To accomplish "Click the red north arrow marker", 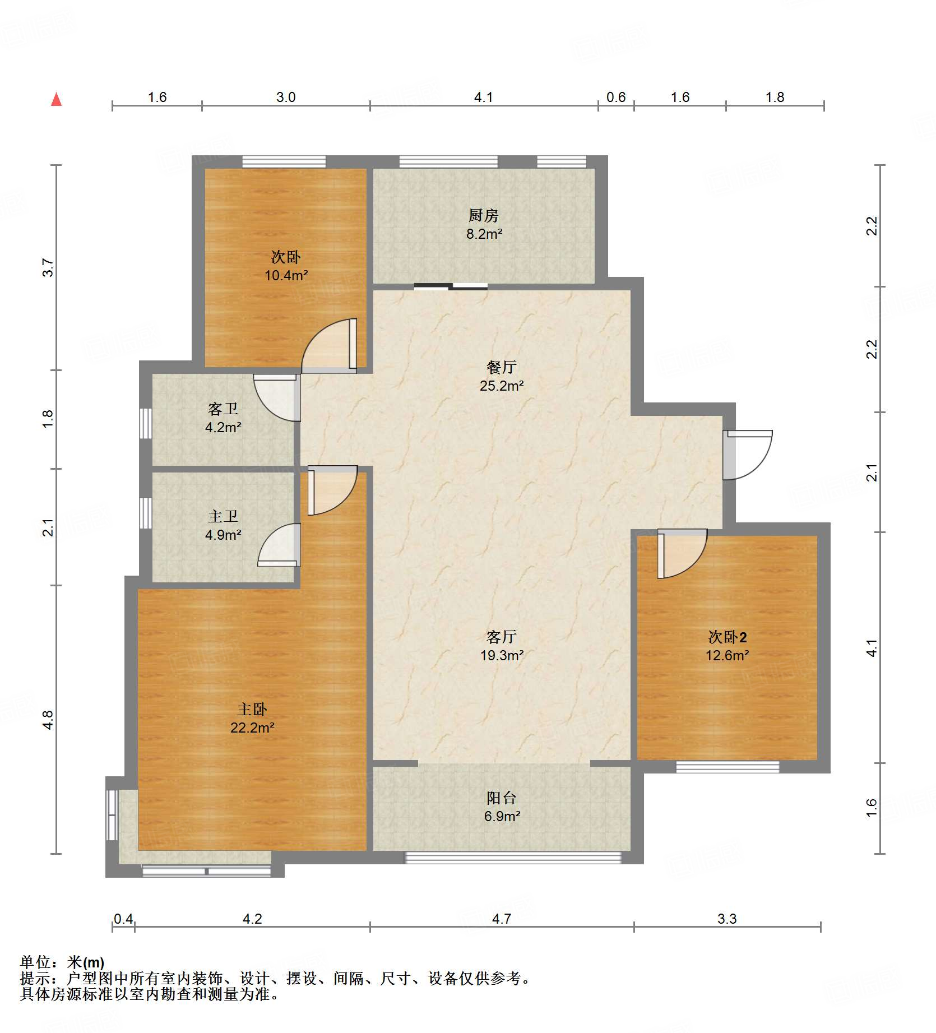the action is pyautogui.click(x=56, y=99).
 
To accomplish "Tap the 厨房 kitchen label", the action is pyautogui.click(x=483, y=215).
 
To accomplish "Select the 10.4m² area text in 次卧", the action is pyautogui.click(x=286, y=275).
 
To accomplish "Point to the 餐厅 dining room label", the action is pyautogui.click(x=501, y=367).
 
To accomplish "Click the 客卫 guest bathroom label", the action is pyautogui.click(x=223, y=409).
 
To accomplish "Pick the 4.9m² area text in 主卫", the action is pyautogui.click(x=223, y=535).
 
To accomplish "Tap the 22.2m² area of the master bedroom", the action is pyautogui.click(x=252, y=728).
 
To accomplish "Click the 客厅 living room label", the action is pyautogui.click(x=501, y=637).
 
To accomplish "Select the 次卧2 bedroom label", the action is pyautogui.click(x=728, y=637).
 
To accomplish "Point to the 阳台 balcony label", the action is pyautogui.click(x=501, y=798).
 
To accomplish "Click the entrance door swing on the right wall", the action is pyautogui.click(x=748, y=455).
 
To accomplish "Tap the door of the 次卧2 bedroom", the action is pyautogui.click(x=682, y=554).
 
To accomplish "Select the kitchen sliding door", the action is pyautogui.click(x=451, y=287).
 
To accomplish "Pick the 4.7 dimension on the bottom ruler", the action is pyautogui.click(x=502, y=919).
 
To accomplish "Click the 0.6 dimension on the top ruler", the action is pyautogui.click(x=616, y=97).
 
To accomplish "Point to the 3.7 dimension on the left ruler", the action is pyautogui.click(x=48, y=267).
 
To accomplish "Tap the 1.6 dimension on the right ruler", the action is pyautogui.click(x=872, y=808).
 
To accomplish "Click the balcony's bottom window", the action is pyautogui.click(x=513, y=858).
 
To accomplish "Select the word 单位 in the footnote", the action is pyautogui.click(x=35, y=962).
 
